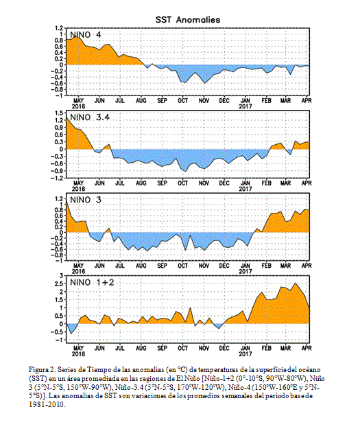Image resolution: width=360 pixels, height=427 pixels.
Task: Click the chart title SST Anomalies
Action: (188, 20)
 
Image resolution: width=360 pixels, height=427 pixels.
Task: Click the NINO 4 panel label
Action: (86, 35)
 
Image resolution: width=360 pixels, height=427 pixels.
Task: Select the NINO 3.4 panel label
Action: (90, 117)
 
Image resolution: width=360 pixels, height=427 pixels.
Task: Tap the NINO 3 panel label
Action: (86, 200)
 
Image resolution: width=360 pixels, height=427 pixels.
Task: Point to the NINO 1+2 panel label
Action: (92, 282)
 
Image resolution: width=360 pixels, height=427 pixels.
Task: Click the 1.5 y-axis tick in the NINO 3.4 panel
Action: (60, 113)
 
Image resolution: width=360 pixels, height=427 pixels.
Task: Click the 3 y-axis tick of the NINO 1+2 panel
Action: (62, 276)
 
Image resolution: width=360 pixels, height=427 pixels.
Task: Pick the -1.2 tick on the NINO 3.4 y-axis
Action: (58, 178)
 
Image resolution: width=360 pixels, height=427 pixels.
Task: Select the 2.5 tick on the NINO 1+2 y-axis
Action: (60, 284)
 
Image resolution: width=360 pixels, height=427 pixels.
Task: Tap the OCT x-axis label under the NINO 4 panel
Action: (183, 101)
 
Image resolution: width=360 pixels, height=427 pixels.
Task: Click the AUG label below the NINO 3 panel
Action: (141, 266)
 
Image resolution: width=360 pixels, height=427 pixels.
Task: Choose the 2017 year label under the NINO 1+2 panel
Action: (245, 354)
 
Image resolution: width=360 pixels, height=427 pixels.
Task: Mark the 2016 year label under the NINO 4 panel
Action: (78, 106)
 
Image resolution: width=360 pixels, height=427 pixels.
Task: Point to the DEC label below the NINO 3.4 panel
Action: (224, 183)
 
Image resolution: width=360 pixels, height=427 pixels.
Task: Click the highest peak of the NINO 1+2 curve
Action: (296, 283)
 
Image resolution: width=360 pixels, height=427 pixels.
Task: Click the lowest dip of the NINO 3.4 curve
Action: (185, 172)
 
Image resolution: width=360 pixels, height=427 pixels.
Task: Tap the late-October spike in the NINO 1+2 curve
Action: (190, 308)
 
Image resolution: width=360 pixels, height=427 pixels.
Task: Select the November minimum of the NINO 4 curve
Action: (204, 83)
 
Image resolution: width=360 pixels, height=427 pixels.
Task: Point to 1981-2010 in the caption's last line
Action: (47, 404)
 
